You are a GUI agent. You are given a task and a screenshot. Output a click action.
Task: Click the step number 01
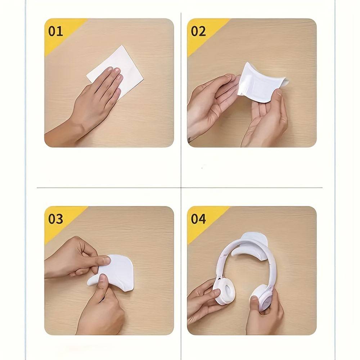[x=55, y=31]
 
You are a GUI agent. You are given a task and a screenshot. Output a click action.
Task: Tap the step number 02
[x=198, y=31]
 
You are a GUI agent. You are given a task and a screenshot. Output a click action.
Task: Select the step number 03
[x=55, y=219]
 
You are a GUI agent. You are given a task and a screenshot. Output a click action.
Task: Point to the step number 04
[x=198, y=219]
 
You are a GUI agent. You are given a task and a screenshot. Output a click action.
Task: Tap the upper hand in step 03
[x=76, y=257]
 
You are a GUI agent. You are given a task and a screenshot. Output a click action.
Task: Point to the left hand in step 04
[x=203, y=301]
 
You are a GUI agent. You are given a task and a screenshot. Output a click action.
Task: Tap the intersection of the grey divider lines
[x=181, y=187]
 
